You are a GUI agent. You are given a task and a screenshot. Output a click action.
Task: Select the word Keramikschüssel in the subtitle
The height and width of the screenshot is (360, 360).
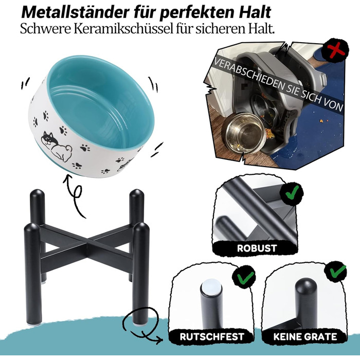tap(123, 29)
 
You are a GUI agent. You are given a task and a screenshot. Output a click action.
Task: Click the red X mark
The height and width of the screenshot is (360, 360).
tap(335, 51)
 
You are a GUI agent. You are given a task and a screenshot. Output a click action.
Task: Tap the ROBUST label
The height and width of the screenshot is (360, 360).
tap(257, 248)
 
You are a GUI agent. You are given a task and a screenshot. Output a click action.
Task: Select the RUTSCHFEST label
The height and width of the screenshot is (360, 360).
tap(212, 336)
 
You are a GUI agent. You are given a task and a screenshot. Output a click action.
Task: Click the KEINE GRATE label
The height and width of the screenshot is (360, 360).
tap(305, 336)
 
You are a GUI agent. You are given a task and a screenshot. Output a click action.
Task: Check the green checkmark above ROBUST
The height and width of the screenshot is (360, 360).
tap(293, 192)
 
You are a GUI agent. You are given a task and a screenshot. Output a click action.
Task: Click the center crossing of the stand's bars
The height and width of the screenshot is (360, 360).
tap(87, 244)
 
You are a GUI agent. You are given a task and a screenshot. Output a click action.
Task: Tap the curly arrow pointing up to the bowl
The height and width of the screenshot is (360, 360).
tap(75, 195)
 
